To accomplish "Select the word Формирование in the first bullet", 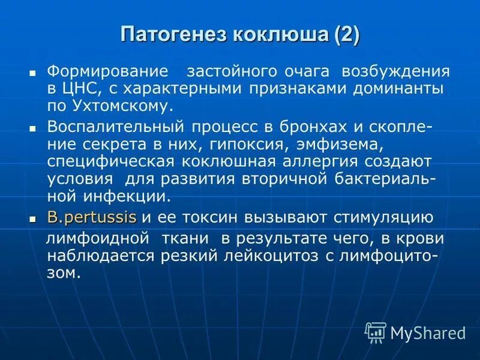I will [x=107, y=71].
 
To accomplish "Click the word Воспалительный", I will [x=118, y=127].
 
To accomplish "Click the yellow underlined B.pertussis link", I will [x=92, y=217].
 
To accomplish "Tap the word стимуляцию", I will [x=374, y=217].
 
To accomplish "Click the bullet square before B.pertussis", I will [x=34, y=218].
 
